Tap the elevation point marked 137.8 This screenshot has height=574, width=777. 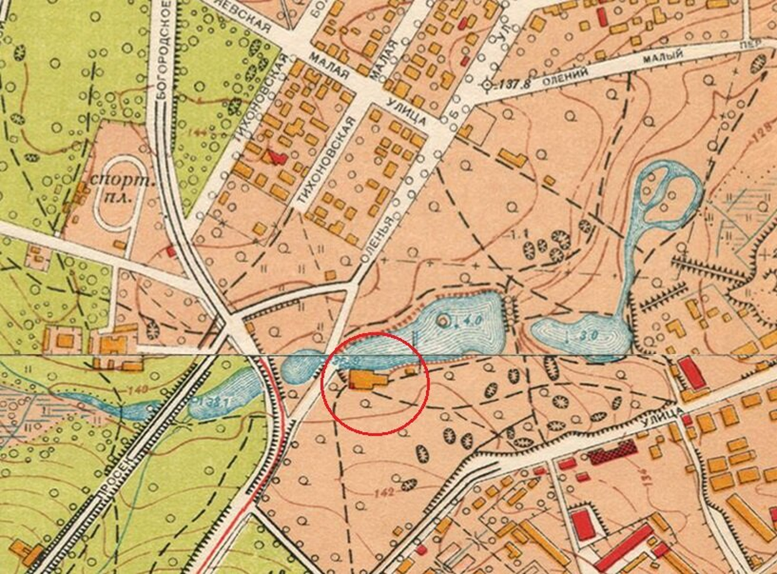tap(488, 83)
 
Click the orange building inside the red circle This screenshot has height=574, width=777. tap(366, 380)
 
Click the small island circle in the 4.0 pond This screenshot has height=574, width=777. tap(444, 320)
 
